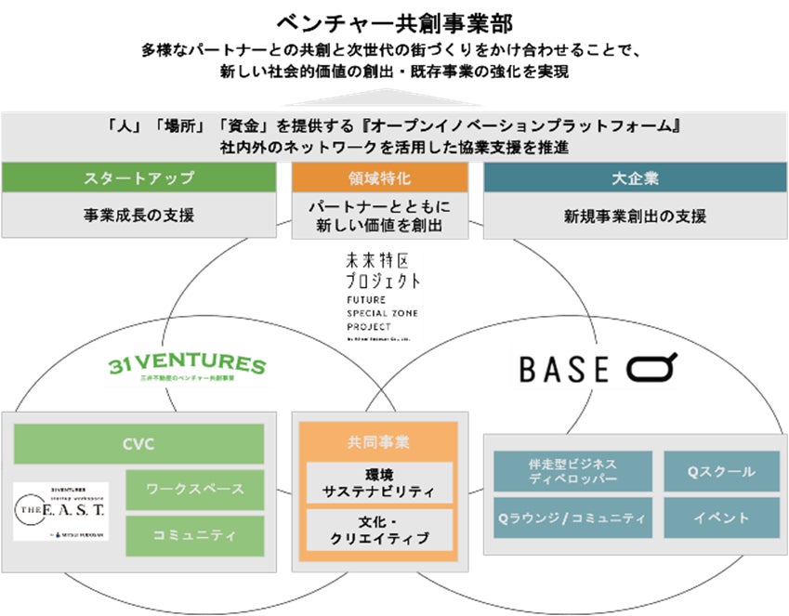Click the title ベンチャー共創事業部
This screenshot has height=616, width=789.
point(394,20)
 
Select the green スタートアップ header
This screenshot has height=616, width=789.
point(139,177)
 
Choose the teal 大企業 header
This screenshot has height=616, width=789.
point(635,177)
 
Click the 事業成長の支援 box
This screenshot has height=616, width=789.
point(139,216)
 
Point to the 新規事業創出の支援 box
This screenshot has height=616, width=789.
point(635,216)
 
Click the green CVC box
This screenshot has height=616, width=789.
point(138,444)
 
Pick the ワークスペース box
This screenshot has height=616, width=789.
point(194,489)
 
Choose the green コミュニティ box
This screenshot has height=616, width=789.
point(194,534)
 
